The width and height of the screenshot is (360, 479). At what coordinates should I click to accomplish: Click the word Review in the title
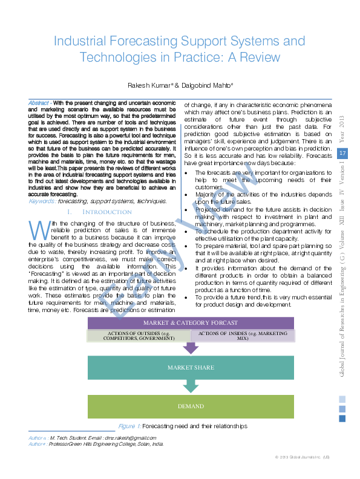[260, 57]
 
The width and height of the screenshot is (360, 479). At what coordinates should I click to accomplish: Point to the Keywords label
[42, 201]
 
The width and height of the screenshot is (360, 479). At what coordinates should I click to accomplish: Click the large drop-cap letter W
[40, 232]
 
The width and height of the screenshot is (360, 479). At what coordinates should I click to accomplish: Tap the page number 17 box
[342, 154]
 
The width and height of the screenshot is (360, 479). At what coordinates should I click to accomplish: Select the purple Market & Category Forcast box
[191, 323]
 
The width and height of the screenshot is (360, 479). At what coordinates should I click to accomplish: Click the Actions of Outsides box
[139, 336]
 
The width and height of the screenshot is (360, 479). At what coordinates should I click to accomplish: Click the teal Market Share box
[191, 368]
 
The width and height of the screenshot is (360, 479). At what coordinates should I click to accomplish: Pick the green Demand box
[191, 406]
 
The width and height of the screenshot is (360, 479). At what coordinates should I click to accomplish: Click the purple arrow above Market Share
[191, 348]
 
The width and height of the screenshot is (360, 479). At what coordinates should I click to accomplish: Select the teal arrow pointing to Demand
[191, 386]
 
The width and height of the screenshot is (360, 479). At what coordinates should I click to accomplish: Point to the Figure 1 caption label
[129, 426]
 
